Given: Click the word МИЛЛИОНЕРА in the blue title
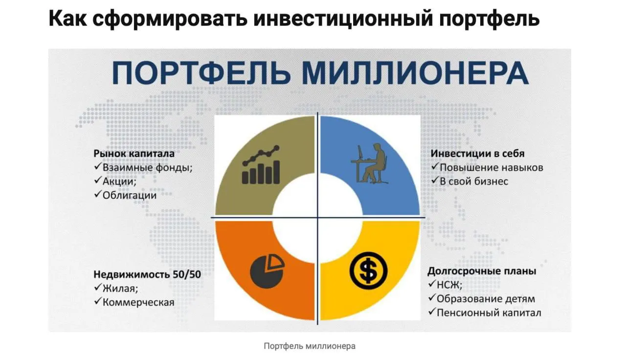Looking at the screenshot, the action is pyautogui.click(x=415, y=73).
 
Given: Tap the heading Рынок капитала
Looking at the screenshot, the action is pyautogui.click(x=134, y=154).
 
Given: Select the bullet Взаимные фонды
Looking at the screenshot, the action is pyautogui.click(x=148, y=167).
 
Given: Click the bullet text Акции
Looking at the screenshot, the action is pyautogui.click(x=119, y=181).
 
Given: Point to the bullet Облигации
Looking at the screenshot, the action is pyautogui.click(x=130, y=195).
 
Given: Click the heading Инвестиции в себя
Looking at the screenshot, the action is pyautogui.click(x=477, y=154).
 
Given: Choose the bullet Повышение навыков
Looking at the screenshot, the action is pyautogui.click(x=492, y=167).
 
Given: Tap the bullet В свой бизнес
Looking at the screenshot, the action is pyautogui.click(x=474, y=181).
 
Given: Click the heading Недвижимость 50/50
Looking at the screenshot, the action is pyautogui.click(x=147, y=274).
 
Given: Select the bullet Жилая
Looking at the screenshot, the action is pyautogui.click(x=120, y=288).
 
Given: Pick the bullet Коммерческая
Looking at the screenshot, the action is pyautogui.click(x=138, y=302).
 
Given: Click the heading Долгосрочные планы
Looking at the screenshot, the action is pyautogui.click(x=482, y=271).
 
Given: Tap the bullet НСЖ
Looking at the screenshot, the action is pyautogui.click(x=449, y=285).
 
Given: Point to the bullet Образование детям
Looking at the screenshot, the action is pyautogui.click(x=486, y=299).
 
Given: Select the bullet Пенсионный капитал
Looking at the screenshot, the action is pyautogui.click(x=489, y=313).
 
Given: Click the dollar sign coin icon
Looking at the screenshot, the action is pyautogui.click(x=368, y=270).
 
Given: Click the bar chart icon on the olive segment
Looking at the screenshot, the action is pyautogui.click(x=261, y=165).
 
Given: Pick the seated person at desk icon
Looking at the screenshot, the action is pyautogui.click(x=369, y=163).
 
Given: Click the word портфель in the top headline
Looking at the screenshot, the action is pyautogui.click(x=489, y=19).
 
